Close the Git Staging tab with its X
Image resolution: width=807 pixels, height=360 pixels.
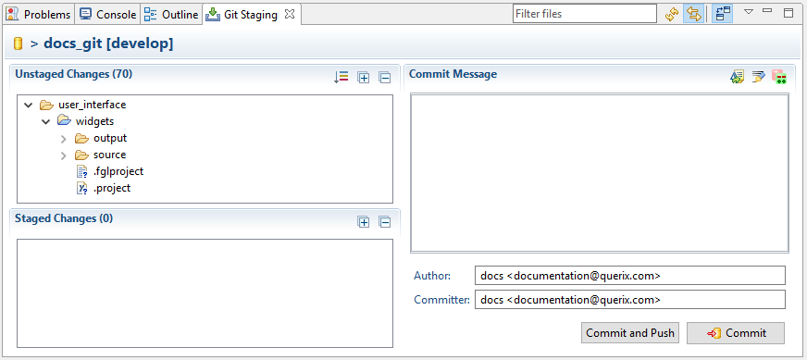(290, 15)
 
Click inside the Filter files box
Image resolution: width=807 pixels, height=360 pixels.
(585, 14)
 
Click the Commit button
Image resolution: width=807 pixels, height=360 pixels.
(736, 333)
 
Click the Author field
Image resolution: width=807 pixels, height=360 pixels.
(628, 276)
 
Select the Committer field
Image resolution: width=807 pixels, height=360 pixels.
(628, 300)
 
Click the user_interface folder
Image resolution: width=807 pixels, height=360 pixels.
(92, 105)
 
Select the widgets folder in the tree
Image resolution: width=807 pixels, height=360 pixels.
(94, 121)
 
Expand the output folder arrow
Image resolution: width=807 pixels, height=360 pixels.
(63, 139)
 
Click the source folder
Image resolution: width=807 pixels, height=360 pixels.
(109, 155)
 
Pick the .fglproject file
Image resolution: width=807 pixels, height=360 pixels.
(118, 171)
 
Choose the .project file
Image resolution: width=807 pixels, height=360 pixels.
(111, 188)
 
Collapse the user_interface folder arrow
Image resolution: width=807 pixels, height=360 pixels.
(28, 106)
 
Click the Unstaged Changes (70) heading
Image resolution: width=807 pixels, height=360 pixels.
(67, 73)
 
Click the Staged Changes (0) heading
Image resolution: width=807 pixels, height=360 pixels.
(64, 218)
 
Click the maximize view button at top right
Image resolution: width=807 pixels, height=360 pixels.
(788, 13)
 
